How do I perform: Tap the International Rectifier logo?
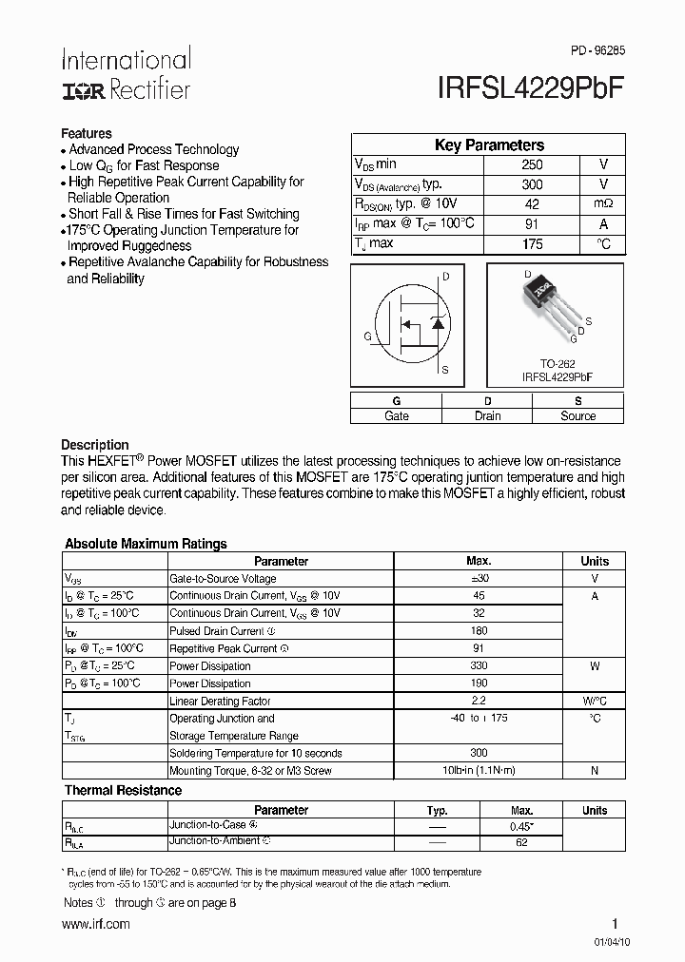pos(126,74)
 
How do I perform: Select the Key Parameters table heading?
pos(489,145)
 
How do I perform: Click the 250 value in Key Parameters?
pos(533,164)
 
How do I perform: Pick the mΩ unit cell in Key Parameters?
pos(603,204)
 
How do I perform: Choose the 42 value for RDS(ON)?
pos(533,204)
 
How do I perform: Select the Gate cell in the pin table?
pos(396,415)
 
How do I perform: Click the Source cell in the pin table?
pos(577,415)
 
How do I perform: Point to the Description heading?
pos(95,445)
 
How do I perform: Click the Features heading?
pos(87,134)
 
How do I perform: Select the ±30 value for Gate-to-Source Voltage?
pos(478,578)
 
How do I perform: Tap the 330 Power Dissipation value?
pos(478,665)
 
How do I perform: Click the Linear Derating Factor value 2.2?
pos(478,701)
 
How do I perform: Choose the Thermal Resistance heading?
pos(123,790)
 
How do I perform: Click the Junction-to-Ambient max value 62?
pos(521,842)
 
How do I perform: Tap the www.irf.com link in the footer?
pos(95,924)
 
